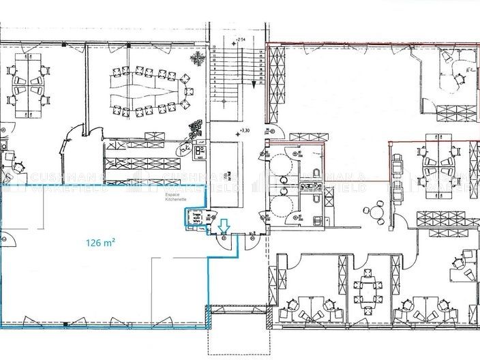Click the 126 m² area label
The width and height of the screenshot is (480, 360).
(100, 241)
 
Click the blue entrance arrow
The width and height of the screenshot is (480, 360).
(224, 224)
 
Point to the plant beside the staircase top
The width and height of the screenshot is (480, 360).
(199, 57)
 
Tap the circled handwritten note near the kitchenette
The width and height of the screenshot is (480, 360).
(185, 146)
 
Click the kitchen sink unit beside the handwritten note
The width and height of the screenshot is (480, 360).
(202, 151)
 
